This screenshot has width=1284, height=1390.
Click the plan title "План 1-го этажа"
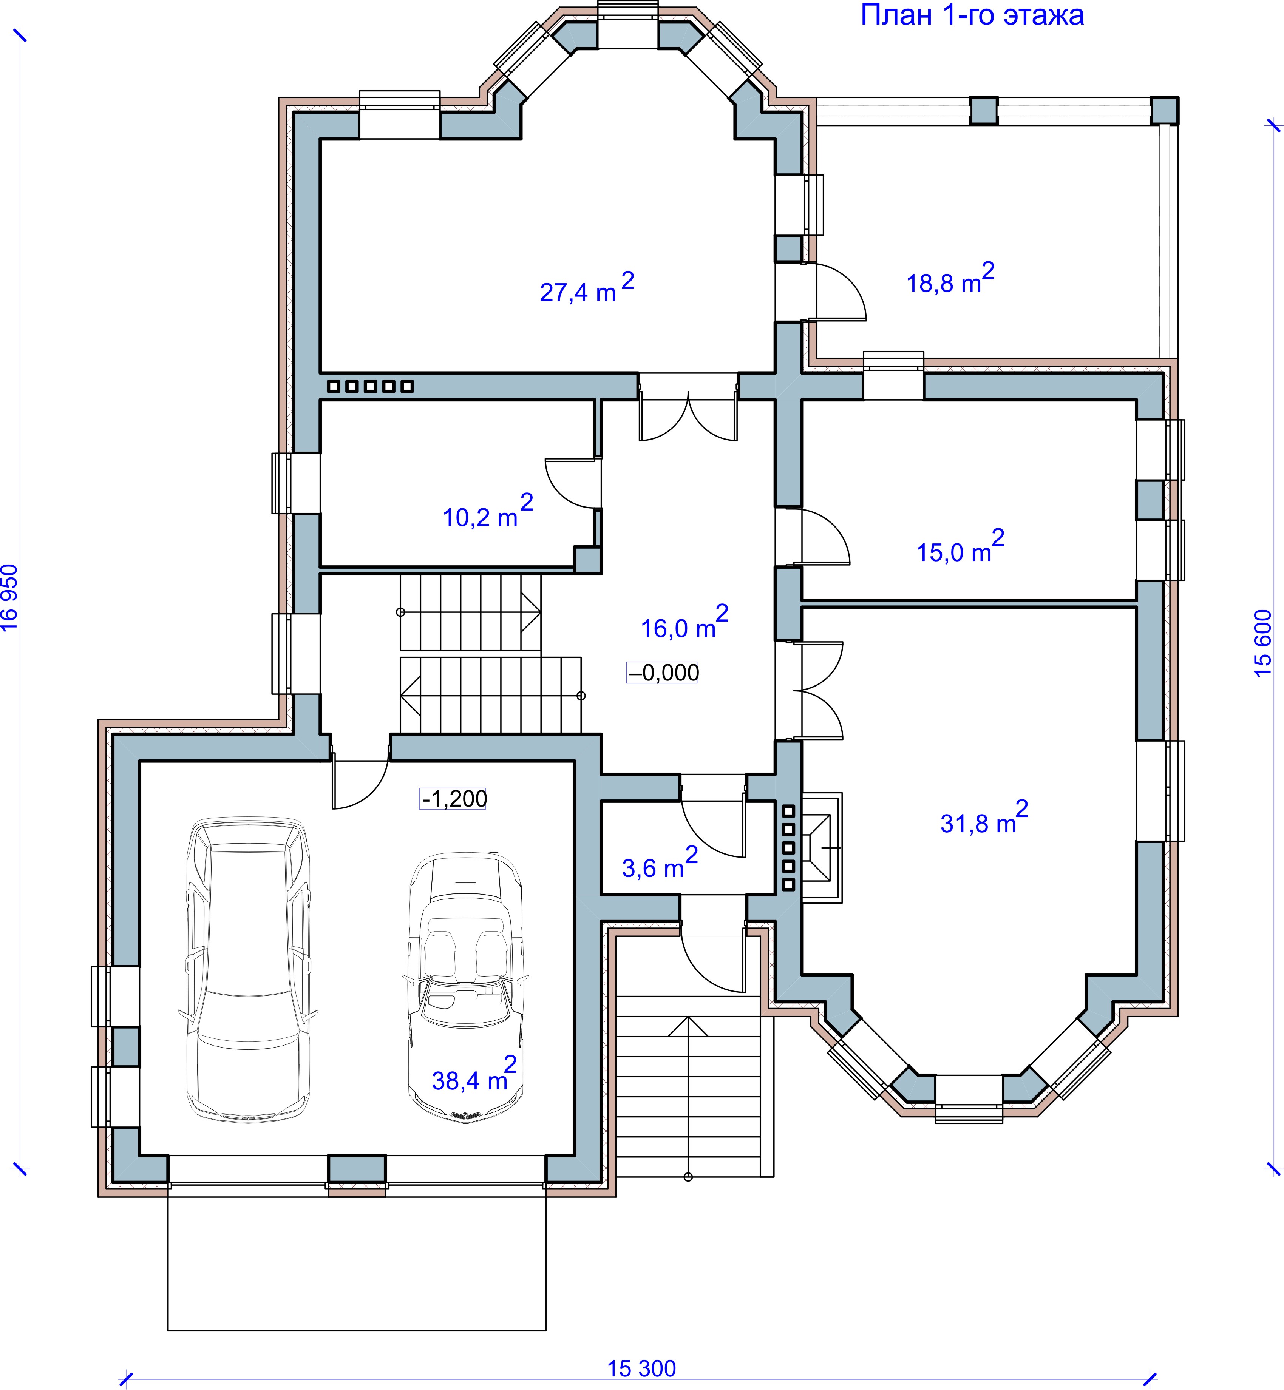[972, 15]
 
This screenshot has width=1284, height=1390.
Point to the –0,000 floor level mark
[663, 673]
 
